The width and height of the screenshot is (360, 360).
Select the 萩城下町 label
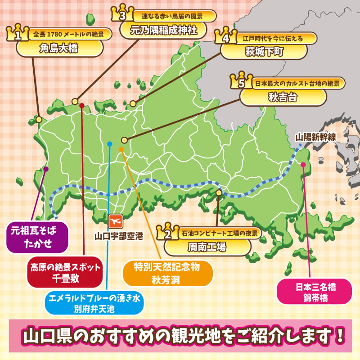(x=264, y=52)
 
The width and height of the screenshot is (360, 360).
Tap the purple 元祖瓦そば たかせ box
(x=39, y=237)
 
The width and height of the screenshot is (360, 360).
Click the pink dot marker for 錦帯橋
(x=303, y=165)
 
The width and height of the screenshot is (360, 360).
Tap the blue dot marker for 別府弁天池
(x=109, y=144)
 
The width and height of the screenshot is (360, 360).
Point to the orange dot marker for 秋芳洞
(x=121, y=149)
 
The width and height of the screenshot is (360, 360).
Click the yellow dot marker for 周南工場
(x=219, y=193)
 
